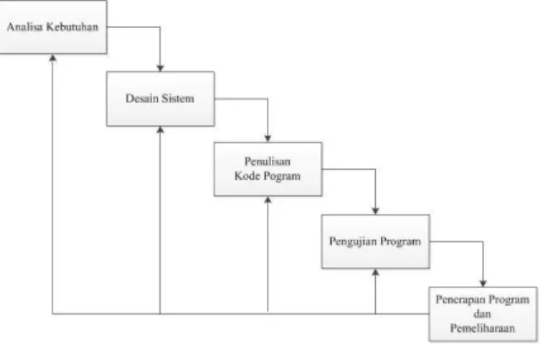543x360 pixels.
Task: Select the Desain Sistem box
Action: tap(160, 99)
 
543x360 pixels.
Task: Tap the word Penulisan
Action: tap(268, 161)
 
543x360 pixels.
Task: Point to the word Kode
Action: tap(247, 176)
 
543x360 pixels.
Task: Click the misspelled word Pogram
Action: tap(282, 177)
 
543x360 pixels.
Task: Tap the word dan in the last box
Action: tap(482, 314)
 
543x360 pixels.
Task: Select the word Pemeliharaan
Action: tap(482, 328)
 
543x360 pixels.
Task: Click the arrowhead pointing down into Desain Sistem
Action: tap(160, 68)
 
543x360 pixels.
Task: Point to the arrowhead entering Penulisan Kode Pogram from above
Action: tap(268, 139)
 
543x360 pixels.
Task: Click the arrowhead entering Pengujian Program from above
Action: tap(376, 211)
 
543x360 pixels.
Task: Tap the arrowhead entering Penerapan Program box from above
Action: tap(483, 283)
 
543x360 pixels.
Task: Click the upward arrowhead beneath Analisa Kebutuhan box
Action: tap(52, 57)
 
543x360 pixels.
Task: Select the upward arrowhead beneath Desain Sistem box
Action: tap(160, 130)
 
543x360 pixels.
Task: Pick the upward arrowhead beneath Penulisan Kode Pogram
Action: tap(268, 200)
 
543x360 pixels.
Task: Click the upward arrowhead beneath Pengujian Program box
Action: tap(376, 272)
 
